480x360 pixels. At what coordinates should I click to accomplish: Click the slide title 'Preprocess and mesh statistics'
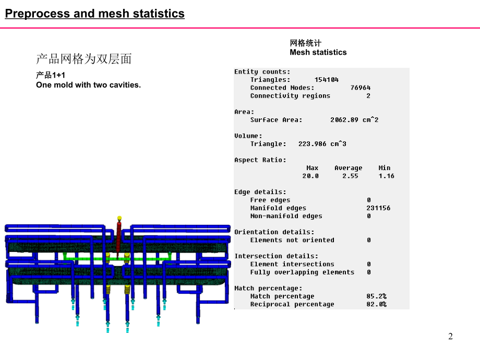(95, 14)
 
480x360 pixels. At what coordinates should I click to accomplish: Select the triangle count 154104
(326, 80)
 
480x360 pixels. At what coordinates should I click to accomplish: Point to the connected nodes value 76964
(361, 88)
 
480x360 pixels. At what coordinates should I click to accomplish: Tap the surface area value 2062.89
(344, 120)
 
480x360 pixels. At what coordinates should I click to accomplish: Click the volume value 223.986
(312, 144)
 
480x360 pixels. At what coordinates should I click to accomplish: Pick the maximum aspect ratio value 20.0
(310, 176)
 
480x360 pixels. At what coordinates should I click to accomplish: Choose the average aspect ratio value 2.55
(350, 176)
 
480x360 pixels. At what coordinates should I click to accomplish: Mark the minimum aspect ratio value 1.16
(386, 176)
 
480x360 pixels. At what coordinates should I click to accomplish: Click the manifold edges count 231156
(378, 208)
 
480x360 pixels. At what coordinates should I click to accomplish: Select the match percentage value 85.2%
(377, 296)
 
